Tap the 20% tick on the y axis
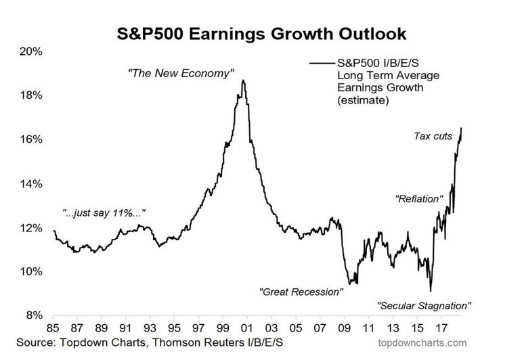tap(31, 51)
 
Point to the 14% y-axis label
tap(31, 183)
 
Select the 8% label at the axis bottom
tap(34, 315)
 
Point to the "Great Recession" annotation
tap(301, 292)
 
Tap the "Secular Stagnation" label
tap(424, 306)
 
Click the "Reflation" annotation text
tap(418, 199)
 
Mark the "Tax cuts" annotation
tap(433, 137)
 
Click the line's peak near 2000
tap(242, 81)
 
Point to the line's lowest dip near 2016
tap(431, 291)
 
